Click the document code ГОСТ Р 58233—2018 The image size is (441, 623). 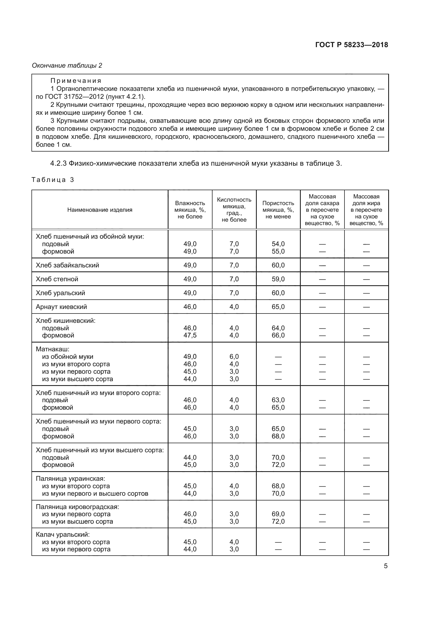point(352,45)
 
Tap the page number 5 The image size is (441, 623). point(386,566)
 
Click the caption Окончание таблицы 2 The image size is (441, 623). point(67,66)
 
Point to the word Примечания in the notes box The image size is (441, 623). point(76,81)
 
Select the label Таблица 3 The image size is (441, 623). point(53,180)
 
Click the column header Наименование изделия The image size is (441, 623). point(100,210)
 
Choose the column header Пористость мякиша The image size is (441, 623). point(278,210)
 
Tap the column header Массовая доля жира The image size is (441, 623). point(366,210)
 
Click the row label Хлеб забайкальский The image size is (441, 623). point(67,265)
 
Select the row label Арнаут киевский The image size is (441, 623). point(61,307)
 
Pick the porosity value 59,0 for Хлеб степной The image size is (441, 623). point(278,279)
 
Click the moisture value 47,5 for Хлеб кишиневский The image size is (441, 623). point(190,335)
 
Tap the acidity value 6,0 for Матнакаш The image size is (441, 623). point(234,357)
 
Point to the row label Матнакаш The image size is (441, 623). point(53,349)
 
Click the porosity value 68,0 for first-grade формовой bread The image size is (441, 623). point(278,436)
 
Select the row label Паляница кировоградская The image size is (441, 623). point(77,507)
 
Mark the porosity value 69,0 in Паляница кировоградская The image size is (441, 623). point(278,514)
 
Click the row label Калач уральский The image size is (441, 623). point(62,535)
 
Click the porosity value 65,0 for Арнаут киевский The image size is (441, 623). point(278,307)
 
